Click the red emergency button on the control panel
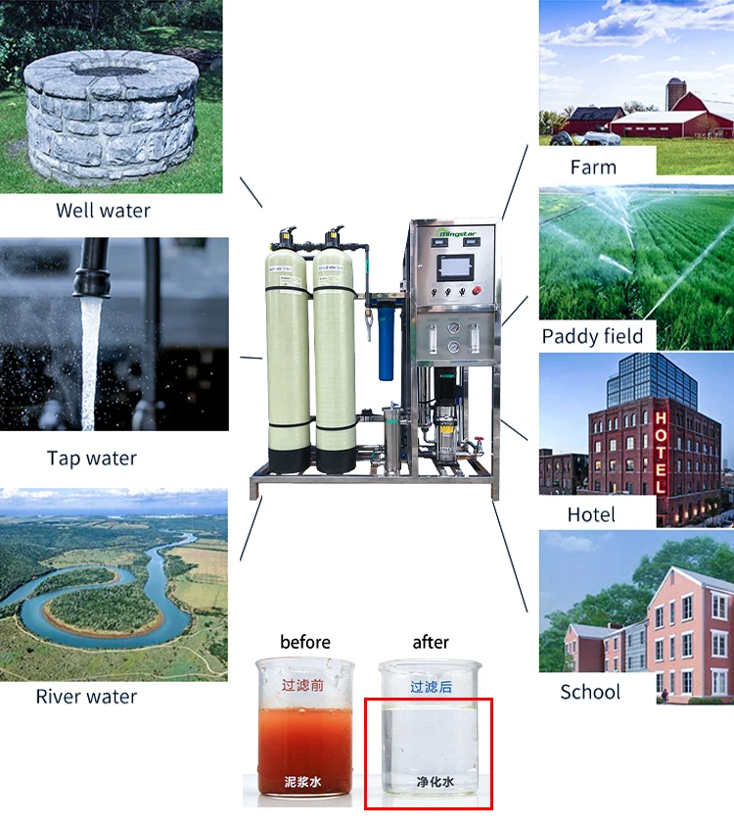point(477,290)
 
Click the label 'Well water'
point(103,210)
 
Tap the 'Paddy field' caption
point(592,336)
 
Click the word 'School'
point(590,692)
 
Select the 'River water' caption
point(86,697)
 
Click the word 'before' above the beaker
point(305,642)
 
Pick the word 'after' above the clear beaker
point(431,642)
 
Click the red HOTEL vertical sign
point(661,451)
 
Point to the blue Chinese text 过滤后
point(431,687)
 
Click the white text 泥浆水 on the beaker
point(303,781)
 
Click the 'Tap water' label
point(92,458)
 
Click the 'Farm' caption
point(593,167)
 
